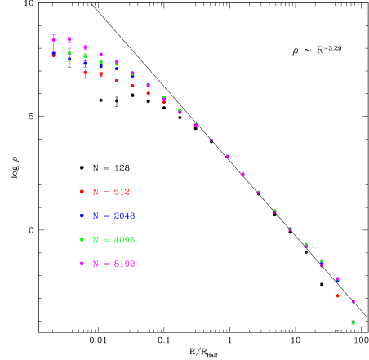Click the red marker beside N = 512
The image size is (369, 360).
[82, 192]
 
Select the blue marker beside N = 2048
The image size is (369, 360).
[82, 216]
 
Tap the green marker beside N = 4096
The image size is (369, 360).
[82, 240]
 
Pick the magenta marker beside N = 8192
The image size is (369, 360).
[82, 264]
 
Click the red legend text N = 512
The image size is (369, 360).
[111, 192]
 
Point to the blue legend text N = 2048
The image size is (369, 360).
[113, 216]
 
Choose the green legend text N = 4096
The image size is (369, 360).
[113, 240]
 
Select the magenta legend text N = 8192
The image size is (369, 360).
[113, 264]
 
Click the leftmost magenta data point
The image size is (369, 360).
[54, 39]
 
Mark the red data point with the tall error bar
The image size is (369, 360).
[85, 72]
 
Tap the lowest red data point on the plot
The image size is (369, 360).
[337, 296]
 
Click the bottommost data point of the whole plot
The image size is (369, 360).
[353, 322]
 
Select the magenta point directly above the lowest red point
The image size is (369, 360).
[337, 279]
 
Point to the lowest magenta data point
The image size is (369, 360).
[353, 301]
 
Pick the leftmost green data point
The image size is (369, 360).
[69, 51]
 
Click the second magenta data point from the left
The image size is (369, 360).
[69, 38]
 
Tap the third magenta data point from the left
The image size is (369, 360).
[85, 47]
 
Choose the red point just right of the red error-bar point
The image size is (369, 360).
[100, 74]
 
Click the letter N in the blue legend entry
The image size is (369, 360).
[96, 216]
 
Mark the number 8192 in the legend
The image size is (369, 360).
[123, 264]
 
